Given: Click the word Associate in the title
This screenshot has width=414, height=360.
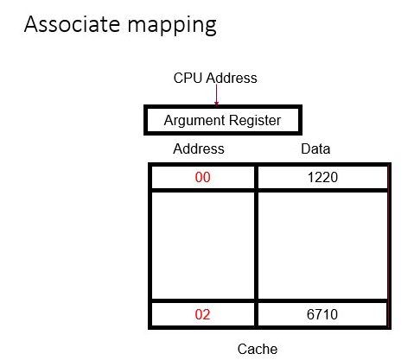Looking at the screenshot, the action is coord(72,24).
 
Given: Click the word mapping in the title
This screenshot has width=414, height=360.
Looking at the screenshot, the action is coord(172,26).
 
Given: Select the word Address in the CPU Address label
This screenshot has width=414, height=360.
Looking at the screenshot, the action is coord(232,78).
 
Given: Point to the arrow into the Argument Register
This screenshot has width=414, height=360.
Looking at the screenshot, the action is coord(216,95).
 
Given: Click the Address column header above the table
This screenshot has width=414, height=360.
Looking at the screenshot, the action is coord(199,148).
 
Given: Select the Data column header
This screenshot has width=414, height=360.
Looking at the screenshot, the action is coord(315,148).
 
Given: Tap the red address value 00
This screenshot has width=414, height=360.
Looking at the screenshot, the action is coord(202,177).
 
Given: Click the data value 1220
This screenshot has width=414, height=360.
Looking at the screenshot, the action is coord(322,177).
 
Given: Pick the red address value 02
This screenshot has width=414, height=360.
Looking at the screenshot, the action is coord(202,314).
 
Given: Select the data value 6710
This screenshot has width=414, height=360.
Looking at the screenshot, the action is coord(322,314).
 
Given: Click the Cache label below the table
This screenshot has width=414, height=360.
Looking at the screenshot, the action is coord(258,349).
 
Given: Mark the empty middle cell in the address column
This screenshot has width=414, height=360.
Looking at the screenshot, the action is coord(203,245).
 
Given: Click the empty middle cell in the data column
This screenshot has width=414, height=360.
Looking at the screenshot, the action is coord(322,245).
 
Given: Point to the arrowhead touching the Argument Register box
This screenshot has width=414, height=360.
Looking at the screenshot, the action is coord(216,104).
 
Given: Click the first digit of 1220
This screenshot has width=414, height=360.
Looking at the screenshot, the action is coord(310,177).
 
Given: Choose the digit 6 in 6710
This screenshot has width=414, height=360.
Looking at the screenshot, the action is coord(310,314).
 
